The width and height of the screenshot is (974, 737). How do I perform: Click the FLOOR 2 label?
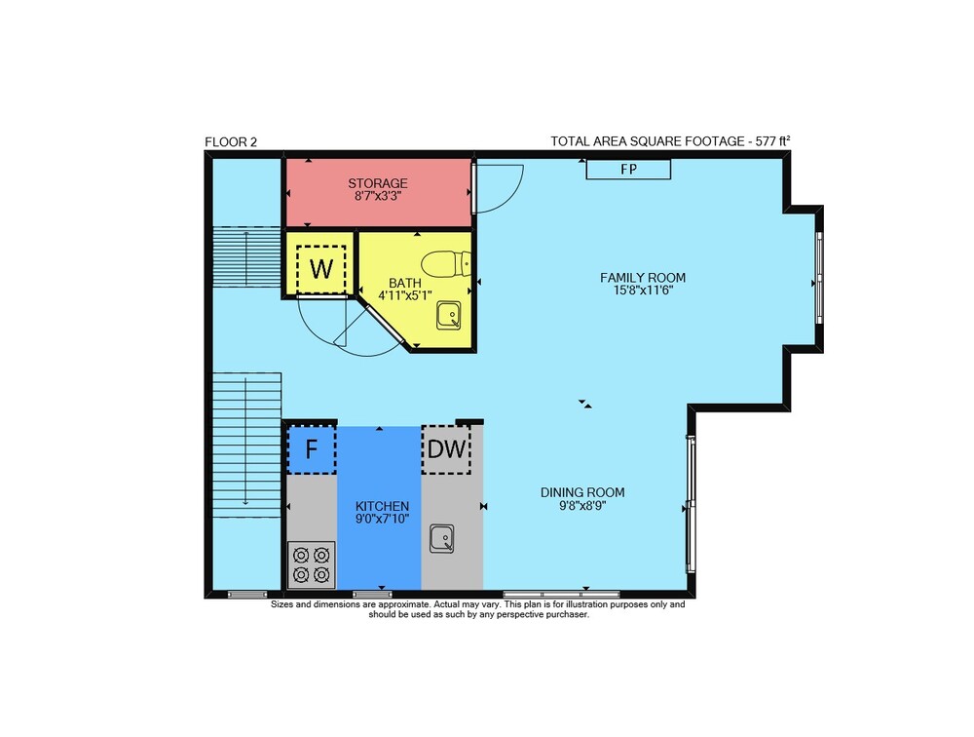point(231,141)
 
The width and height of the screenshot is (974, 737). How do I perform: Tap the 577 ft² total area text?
point(772,141)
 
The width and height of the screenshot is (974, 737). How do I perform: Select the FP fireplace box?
point(628,170)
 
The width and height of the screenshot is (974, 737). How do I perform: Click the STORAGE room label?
point(378,183)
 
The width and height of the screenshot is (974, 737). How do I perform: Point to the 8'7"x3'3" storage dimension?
point(378,196)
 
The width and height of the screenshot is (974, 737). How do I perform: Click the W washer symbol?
point(320,269)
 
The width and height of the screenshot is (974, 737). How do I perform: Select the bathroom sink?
point(448,315)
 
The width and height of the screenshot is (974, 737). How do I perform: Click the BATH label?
point(405,284)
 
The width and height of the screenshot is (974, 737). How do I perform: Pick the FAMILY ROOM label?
point(643,278)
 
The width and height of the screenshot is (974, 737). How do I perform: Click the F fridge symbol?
point(312,449)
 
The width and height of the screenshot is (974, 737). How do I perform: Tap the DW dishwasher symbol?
point(446,449)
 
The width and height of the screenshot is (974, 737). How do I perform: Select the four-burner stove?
point(312,564)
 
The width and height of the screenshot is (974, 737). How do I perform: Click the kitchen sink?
point(441,538)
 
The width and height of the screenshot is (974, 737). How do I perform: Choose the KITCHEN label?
point(382,506)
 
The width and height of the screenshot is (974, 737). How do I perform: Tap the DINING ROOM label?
point(582,492)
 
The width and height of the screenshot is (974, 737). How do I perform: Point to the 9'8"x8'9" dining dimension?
point(582,506)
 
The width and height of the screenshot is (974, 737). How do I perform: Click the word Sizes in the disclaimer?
point(281,604)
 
